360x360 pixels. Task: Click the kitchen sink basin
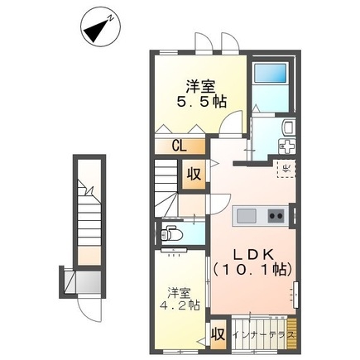click(x=247, y=216)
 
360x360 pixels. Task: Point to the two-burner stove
click(x=275, y=216)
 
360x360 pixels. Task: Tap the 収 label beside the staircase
click(x=193, y=175)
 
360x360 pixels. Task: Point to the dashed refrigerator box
click(x=285, y=170)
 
